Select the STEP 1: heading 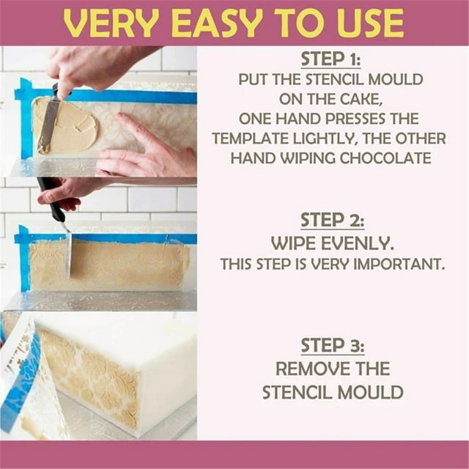point(332,59)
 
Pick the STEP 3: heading point(332,346)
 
